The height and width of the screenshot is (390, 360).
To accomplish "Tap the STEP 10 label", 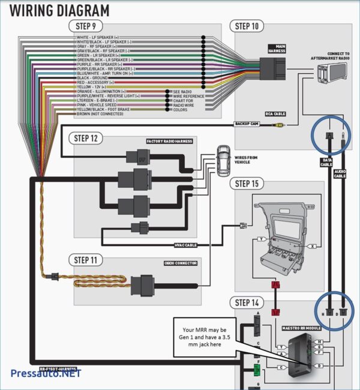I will pos(247,26).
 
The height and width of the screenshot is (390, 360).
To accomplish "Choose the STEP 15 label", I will pos(247,183).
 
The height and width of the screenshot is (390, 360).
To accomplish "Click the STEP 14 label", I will pos(247,302).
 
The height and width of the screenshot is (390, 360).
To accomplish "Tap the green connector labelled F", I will pos(256,369).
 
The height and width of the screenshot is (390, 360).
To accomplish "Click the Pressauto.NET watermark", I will pos(46,374).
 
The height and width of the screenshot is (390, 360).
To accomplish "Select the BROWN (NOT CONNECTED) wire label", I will pos(100,113).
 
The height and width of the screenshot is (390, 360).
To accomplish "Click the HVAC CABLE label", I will pos(185,245).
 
